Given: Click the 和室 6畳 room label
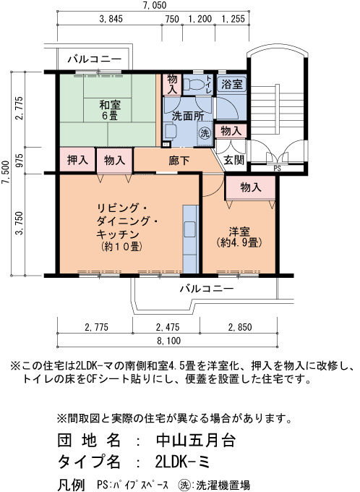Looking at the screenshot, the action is [110, 110].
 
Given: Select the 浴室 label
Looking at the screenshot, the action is [232, 84].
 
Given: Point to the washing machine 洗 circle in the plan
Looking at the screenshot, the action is [205, 132].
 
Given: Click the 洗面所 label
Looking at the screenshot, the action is [188, 116].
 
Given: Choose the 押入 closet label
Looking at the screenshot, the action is [77, 161].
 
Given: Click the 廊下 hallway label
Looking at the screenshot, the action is [179, 161].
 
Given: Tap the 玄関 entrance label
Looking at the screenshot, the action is [234, 161].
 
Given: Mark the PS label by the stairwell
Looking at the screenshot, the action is [277, 169].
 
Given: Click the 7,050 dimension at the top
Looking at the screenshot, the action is [153, 5].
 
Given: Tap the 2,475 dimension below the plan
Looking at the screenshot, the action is [168, 327].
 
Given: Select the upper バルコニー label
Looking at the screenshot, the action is [95, 59].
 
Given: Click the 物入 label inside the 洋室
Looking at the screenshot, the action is [251, 187].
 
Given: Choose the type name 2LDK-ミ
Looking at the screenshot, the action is [182, 462].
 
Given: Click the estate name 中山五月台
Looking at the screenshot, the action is [196, 440].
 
